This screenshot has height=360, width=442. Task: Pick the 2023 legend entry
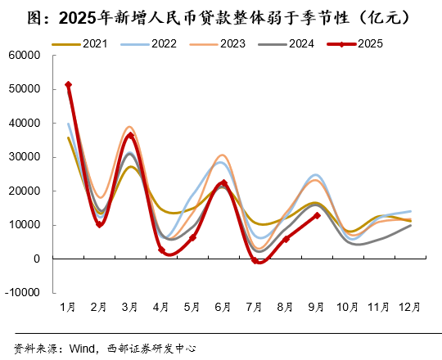coord(232,43)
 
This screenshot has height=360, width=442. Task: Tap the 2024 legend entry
coord(300,43)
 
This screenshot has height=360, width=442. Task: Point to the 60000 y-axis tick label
coord(25,56)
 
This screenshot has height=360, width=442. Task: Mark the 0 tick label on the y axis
coord(38,259)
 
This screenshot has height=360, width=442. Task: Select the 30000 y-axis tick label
coord(25,157)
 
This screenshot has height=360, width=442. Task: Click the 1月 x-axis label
coord(68,308)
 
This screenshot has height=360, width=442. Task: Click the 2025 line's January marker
coord(68,84)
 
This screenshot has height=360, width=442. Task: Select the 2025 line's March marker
coord(130,136)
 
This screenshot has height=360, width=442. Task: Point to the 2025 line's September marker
coord(317,215)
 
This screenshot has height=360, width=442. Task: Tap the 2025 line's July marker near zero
coord(255,261)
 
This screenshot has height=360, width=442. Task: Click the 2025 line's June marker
coord(223,183)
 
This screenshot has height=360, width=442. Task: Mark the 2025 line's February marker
coord(99,224)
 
